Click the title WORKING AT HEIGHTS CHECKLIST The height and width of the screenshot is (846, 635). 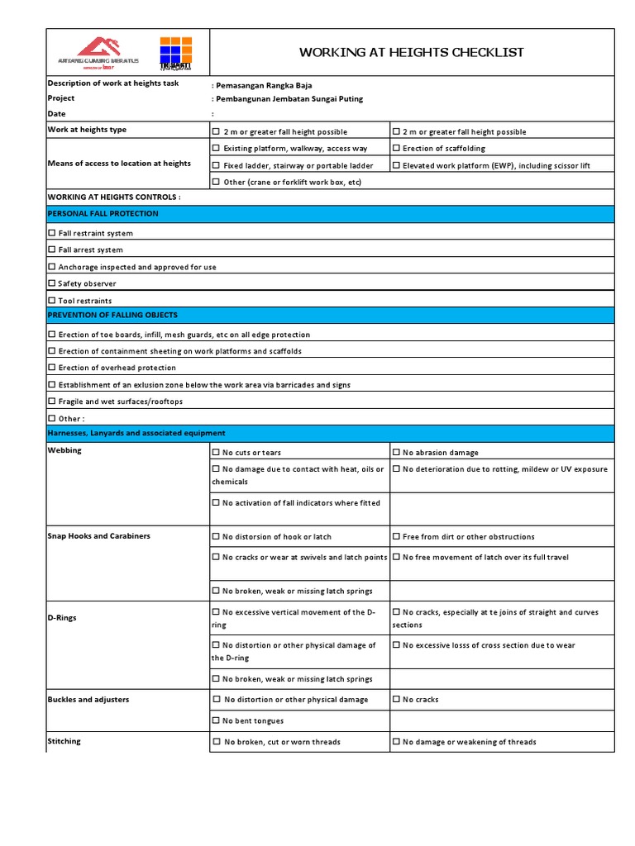(411, 52)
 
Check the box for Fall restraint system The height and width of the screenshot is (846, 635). (52, 233)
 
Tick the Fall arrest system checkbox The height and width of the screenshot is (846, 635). (52, 250)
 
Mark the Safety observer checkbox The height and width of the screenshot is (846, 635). (52, 283)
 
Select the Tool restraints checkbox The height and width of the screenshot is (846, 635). (52, 301)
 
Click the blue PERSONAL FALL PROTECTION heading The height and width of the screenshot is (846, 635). (103, 214)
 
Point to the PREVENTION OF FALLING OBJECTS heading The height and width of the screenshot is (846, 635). (112, 316)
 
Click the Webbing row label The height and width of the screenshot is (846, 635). (64, 451)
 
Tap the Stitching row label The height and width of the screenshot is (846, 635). (64, 741)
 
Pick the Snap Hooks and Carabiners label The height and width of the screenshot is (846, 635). (98, 536)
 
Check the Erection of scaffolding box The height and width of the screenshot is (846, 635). (397, 149)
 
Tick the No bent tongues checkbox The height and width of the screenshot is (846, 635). (217, 720)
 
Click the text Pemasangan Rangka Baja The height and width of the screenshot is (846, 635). (264, 85)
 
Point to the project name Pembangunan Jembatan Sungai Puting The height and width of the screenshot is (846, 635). (289, 99)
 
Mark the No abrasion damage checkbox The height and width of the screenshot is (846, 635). (397, 453)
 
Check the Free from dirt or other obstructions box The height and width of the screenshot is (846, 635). (397, 537)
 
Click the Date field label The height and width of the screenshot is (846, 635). (56, 114)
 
